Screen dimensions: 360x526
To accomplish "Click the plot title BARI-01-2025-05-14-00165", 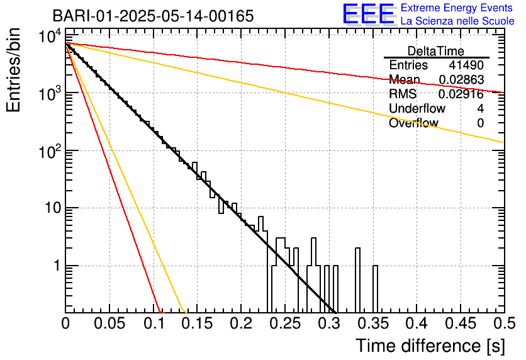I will click(154, 16).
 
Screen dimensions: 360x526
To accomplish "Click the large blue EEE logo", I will click(368, 14).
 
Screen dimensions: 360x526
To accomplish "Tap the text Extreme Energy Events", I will click(457, 8).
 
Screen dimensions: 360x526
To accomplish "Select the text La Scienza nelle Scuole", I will click(457, 21).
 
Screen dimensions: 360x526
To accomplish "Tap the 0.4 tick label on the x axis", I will click(416, 323).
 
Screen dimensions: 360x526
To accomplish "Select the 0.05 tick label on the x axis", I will click(109, 323).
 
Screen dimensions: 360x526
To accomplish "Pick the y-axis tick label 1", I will click(57, 266).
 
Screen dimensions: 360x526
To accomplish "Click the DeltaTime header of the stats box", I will click(436, 51).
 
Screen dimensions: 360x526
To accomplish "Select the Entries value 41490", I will click(466, 65).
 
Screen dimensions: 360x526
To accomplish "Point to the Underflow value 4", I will click(480, 109).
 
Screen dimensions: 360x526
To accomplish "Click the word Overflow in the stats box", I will click(413, 123).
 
